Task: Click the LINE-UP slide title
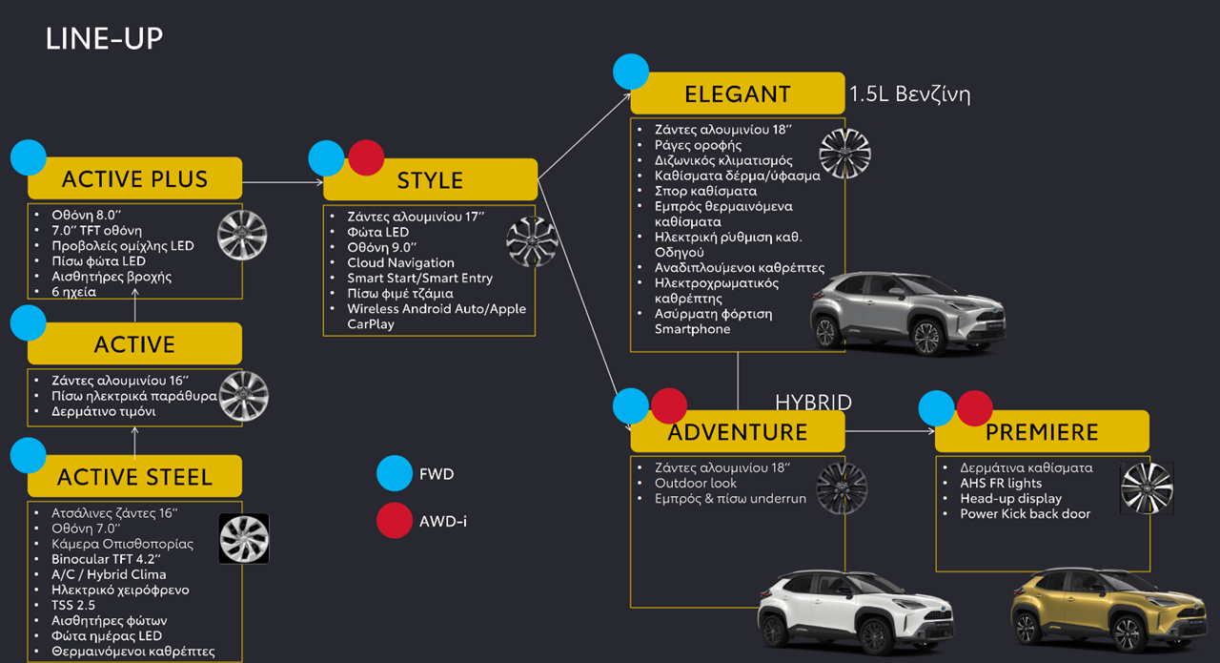point(104,39)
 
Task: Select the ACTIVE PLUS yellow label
point(134,179)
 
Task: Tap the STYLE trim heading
point(430,180)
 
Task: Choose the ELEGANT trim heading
point(737,93)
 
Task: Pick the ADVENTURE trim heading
point(737,432)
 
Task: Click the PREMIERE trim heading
point(1042,432)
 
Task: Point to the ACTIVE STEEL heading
point(134,476)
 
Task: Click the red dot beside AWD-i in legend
point(395,521)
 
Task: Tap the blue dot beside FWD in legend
point(395,473)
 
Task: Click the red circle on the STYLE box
point(366,158)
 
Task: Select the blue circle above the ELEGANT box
point(631,72)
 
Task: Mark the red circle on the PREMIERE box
point(974,407)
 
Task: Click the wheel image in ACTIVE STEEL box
point(244,539)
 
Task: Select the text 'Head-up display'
point(1010,498)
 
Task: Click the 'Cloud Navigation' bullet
point(400,262)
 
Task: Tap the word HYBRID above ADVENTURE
point(813,403)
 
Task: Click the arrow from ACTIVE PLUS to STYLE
point(282,181)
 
